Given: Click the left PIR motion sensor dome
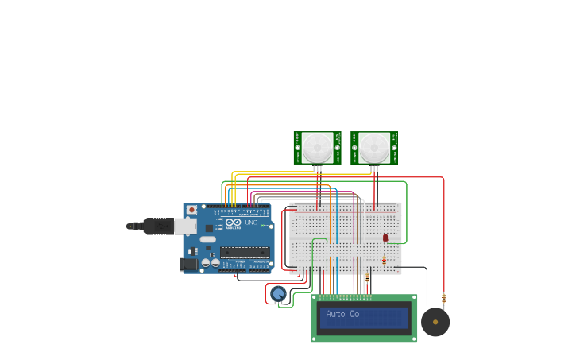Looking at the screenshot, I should coord(317,147).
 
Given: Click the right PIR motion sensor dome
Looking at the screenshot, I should coord(374,147).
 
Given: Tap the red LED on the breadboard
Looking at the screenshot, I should coord(385,238).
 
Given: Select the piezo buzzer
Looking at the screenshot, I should coord(435,322).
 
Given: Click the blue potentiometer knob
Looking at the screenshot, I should coord(278,294).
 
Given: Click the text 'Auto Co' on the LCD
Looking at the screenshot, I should coord(342,315).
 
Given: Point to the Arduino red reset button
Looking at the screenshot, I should coord(191,211).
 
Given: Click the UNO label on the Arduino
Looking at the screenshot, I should coord(250,223).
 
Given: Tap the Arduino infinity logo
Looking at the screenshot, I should coord(233,223).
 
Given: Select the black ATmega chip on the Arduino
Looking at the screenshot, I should coord(244,252).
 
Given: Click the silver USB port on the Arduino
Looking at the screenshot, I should coord(184,226).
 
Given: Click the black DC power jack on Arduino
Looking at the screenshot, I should coord(188,264).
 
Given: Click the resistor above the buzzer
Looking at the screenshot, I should coord(443,299).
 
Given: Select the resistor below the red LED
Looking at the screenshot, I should coord(385,260).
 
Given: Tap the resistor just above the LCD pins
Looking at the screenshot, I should coord(367,278).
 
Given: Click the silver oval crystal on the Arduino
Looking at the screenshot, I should coord(207,238).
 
